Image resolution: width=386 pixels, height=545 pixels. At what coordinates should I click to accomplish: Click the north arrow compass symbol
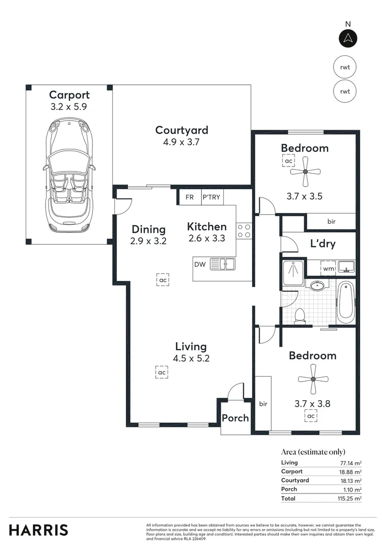pos(348,38)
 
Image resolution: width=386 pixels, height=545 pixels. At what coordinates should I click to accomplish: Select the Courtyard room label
pos(181,130)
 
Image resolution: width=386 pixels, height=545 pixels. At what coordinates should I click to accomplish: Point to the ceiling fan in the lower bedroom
pos(313,379)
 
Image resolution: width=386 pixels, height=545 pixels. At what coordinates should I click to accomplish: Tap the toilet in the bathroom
pos(299,315)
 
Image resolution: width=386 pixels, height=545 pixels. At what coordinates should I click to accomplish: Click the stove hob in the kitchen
pos(244,231)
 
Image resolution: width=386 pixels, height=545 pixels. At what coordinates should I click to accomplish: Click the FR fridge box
pos(189,197)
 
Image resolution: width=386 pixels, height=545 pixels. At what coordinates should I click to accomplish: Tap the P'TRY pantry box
pos(211,197)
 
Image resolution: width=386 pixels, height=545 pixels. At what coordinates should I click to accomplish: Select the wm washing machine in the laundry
pos(329,268)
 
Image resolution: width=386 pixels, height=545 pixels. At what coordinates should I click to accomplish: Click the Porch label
pos(235,418)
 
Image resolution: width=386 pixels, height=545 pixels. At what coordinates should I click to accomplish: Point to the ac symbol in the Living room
pos(162,373)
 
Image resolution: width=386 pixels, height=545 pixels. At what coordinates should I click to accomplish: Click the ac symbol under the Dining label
pos(163,280)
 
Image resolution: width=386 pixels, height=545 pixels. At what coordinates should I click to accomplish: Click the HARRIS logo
pos(38,530)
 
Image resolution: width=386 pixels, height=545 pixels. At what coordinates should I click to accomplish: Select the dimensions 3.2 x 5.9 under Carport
pos(69,107)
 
